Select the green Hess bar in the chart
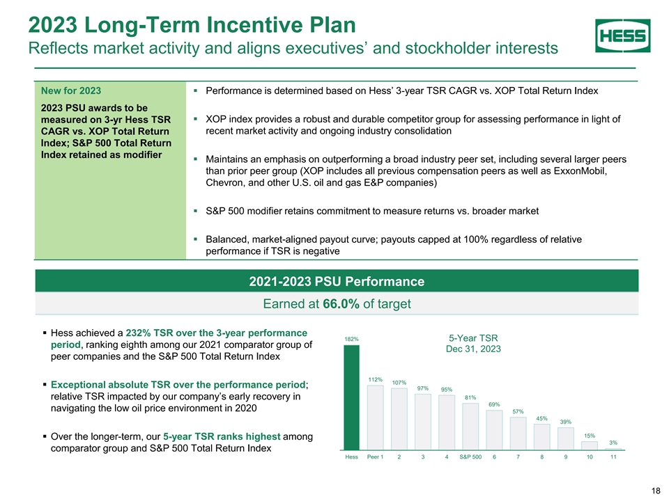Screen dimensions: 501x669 tap(352, 397)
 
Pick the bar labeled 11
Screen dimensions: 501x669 tap(613, 450)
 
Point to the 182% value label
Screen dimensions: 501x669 tap(352, 339)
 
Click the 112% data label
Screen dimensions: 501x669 tap(376, 379)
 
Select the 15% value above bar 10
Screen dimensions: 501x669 tap(590, 435)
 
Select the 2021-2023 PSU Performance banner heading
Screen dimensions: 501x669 tap(337, 281)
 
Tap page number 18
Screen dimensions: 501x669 tap(655, 491)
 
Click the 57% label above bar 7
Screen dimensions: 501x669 tap(518, 411)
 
